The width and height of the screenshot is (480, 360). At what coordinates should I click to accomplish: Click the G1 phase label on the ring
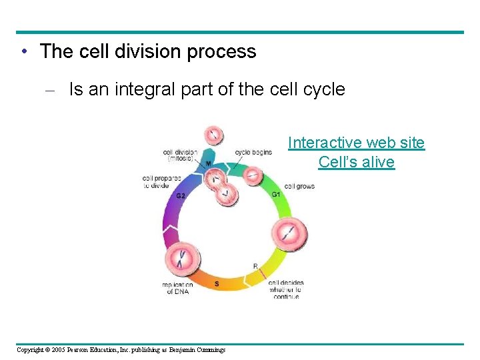pos(275,194)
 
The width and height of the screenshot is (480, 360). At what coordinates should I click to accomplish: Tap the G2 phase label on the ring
pos(181,196)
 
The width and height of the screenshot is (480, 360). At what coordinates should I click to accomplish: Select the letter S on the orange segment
pos(217,284)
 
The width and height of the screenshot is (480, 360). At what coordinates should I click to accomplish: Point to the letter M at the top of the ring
pos(209,164)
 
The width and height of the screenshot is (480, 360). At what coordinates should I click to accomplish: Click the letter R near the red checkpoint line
pos(255,266)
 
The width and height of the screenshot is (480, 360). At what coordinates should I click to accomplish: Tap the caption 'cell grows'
pos(299,186)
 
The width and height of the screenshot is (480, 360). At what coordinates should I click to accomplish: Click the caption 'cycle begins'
pos(253,152)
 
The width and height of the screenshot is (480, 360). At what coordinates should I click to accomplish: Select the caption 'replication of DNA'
pos(178,287)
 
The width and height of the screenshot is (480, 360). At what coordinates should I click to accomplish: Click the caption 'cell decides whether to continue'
pos(285,289)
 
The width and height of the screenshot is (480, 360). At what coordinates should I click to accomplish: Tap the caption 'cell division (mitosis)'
pos(180,155)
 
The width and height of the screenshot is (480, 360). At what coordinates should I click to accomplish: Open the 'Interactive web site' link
pos(356,143)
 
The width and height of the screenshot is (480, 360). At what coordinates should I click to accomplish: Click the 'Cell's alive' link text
pos(356,162)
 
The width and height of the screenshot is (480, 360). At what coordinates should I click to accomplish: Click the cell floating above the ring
pos(213,135)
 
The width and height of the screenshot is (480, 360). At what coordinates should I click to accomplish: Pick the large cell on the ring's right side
pos(289,234)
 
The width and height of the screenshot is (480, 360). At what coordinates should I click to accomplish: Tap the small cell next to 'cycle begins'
pos(252,175)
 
